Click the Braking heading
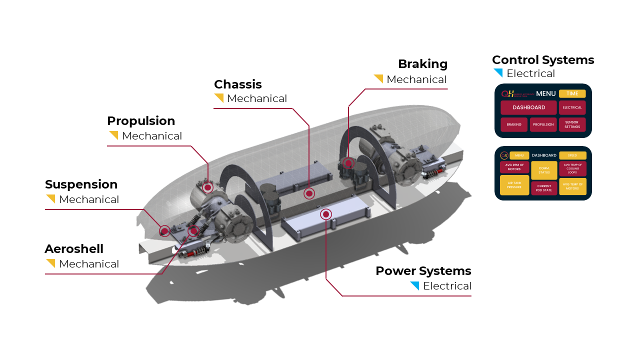pos(422,64)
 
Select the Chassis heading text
pos(238,84)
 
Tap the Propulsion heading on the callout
pos(141,121)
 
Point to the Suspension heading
pos(81,184)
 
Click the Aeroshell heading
pos(74,249)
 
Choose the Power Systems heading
pos(423,271)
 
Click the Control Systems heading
pos(543,60)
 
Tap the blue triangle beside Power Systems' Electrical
pos(415,285)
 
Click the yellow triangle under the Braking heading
pos(379,78)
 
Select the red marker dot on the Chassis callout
pos(309,193)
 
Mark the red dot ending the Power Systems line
pos(326,214)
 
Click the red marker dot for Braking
pos(348,163)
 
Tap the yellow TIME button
pos(572,93)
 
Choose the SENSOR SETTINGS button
pos(572,124)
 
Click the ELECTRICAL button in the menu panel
pos(572,107)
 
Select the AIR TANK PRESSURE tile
pos(514,185)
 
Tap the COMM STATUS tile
pos(544,170)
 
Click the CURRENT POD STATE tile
pos(544,188)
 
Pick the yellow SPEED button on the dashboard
pos(572,155)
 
